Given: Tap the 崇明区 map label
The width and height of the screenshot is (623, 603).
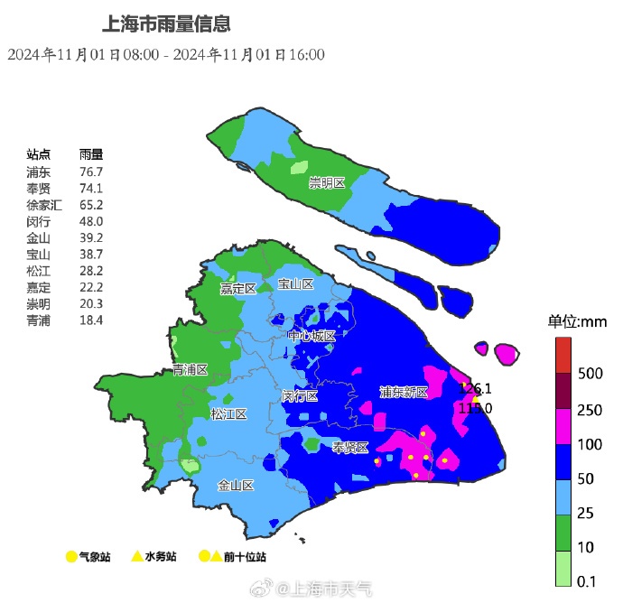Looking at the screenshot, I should pos(327,183).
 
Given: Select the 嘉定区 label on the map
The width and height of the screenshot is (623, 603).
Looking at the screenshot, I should pos(238,289).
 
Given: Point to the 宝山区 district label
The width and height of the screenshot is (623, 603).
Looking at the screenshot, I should pos(295,284).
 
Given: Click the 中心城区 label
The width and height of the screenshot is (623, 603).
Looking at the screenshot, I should pos(311,336).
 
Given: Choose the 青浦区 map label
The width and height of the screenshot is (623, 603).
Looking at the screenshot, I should pos(191,370).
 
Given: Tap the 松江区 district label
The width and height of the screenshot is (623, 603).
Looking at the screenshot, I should pos(228,414).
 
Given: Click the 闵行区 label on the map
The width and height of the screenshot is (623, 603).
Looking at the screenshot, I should pos(300,396).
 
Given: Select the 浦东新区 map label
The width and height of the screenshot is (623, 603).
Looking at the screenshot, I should pos(404,392).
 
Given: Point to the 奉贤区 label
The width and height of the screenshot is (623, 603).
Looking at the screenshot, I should pos(350,448).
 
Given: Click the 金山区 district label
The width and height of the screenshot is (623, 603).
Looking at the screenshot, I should pos(236,485).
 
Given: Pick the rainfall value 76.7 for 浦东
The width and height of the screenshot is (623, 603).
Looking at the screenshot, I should pos(91,172).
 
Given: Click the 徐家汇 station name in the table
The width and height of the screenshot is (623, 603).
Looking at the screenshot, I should pos(43,205).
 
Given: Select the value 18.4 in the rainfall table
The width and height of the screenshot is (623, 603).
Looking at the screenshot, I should pos(91,320).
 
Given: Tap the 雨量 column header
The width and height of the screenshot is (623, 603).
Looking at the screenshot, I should pos(91,154).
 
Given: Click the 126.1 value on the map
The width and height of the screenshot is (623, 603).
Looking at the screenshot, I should pos(477,389).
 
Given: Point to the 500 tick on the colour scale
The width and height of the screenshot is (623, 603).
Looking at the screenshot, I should pos(590,374).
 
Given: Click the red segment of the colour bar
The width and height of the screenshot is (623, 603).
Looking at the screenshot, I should pos(563,354).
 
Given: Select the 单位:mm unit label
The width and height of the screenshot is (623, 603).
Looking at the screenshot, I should pos(577,321).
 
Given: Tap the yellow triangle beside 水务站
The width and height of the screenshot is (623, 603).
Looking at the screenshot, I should pos(136,557).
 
